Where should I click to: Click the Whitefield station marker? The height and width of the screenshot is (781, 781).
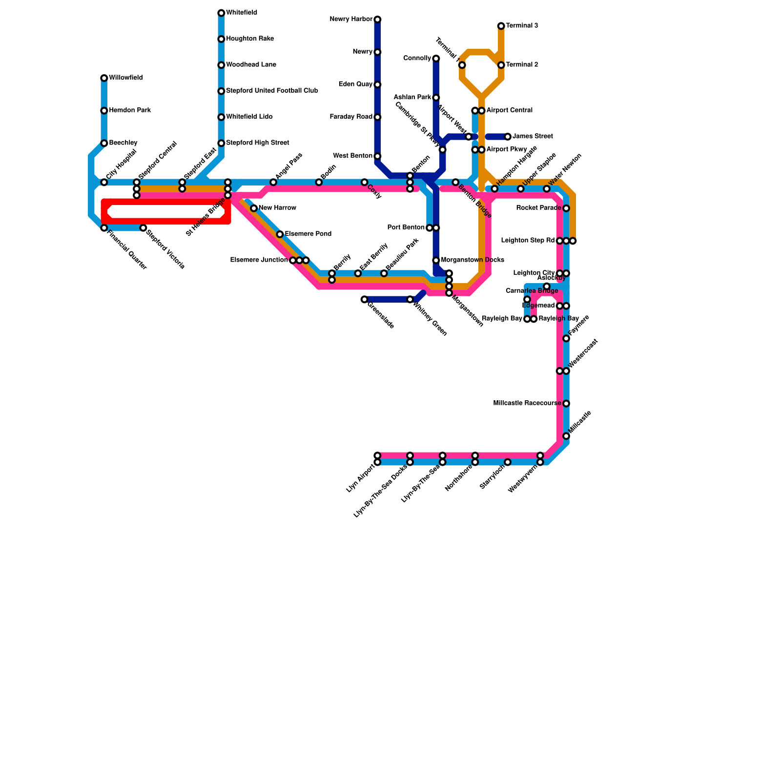point(221,13)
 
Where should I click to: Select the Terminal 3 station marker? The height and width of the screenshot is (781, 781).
point(501,26)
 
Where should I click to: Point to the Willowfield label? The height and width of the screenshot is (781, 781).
point(126,78)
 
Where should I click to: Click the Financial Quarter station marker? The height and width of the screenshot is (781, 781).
point(104,228)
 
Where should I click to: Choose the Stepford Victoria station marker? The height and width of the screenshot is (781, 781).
point(143,228)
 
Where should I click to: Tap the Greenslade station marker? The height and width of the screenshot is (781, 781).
point(364,299)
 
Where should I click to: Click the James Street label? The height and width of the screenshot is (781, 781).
point(533,137)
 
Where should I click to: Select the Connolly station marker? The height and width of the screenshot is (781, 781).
point(436,59)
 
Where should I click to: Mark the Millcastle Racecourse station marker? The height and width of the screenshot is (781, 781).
point(566,404)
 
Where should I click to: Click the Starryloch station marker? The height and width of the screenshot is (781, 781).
point(508,462)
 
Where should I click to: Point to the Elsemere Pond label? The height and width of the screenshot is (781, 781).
point(308,234)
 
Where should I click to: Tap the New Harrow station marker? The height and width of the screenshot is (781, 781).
point(254,208)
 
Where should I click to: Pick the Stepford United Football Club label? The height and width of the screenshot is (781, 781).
point(272,91)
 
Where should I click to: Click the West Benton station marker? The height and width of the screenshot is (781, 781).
point(377,156)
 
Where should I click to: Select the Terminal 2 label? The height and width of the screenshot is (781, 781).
point(522,65)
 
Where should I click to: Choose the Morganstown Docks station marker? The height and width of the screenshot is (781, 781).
point(436,260)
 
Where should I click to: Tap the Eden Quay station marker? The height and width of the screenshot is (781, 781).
point(377,84)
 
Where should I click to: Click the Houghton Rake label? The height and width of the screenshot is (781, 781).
point(250,39)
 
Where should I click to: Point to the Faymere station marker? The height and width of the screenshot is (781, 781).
point(566,338)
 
